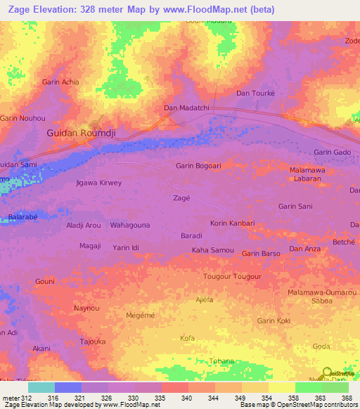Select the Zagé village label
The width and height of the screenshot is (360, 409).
click(x=181, y=198)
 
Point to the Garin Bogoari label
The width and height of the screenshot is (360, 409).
click(x=199, y=166)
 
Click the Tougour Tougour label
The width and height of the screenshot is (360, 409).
click(x=232, y=276)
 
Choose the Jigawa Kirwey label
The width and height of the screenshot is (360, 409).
click(x=98, y=183)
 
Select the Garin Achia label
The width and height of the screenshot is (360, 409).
click(x=60, y=82)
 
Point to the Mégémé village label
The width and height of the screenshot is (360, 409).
click(x=140, y=316)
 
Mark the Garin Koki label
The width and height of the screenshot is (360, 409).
click(x=274, y=320)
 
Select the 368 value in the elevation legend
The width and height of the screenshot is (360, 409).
click(x=347, y=398)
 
